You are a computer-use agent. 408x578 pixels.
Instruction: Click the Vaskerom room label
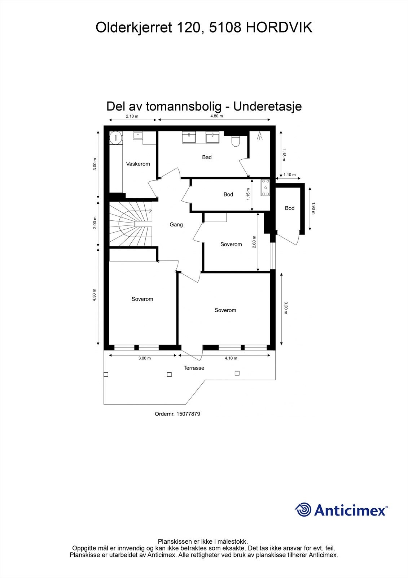tap(138, 164)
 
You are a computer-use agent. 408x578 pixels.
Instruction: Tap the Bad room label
tap(207, 157)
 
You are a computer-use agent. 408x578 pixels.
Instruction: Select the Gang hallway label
tap(176, 225)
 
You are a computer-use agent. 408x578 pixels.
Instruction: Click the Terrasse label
tap(194, 368)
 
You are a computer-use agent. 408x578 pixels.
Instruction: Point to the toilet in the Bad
tap(236, 141)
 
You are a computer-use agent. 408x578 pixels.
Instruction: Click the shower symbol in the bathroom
tap(259, 136)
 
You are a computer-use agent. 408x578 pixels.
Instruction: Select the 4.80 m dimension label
tap(216, 116)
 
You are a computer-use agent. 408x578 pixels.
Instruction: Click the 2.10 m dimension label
tap(132, 116)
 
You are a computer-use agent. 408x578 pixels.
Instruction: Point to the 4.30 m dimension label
tap(95, 295)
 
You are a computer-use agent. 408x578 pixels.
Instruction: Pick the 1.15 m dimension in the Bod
tap(248, 194)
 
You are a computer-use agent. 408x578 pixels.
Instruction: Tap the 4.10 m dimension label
tap(231, 358)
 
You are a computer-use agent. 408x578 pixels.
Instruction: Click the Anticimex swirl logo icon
tap(303, 510)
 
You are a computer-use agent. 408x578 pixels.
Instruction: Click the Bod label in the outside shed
tap(290, 208)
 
